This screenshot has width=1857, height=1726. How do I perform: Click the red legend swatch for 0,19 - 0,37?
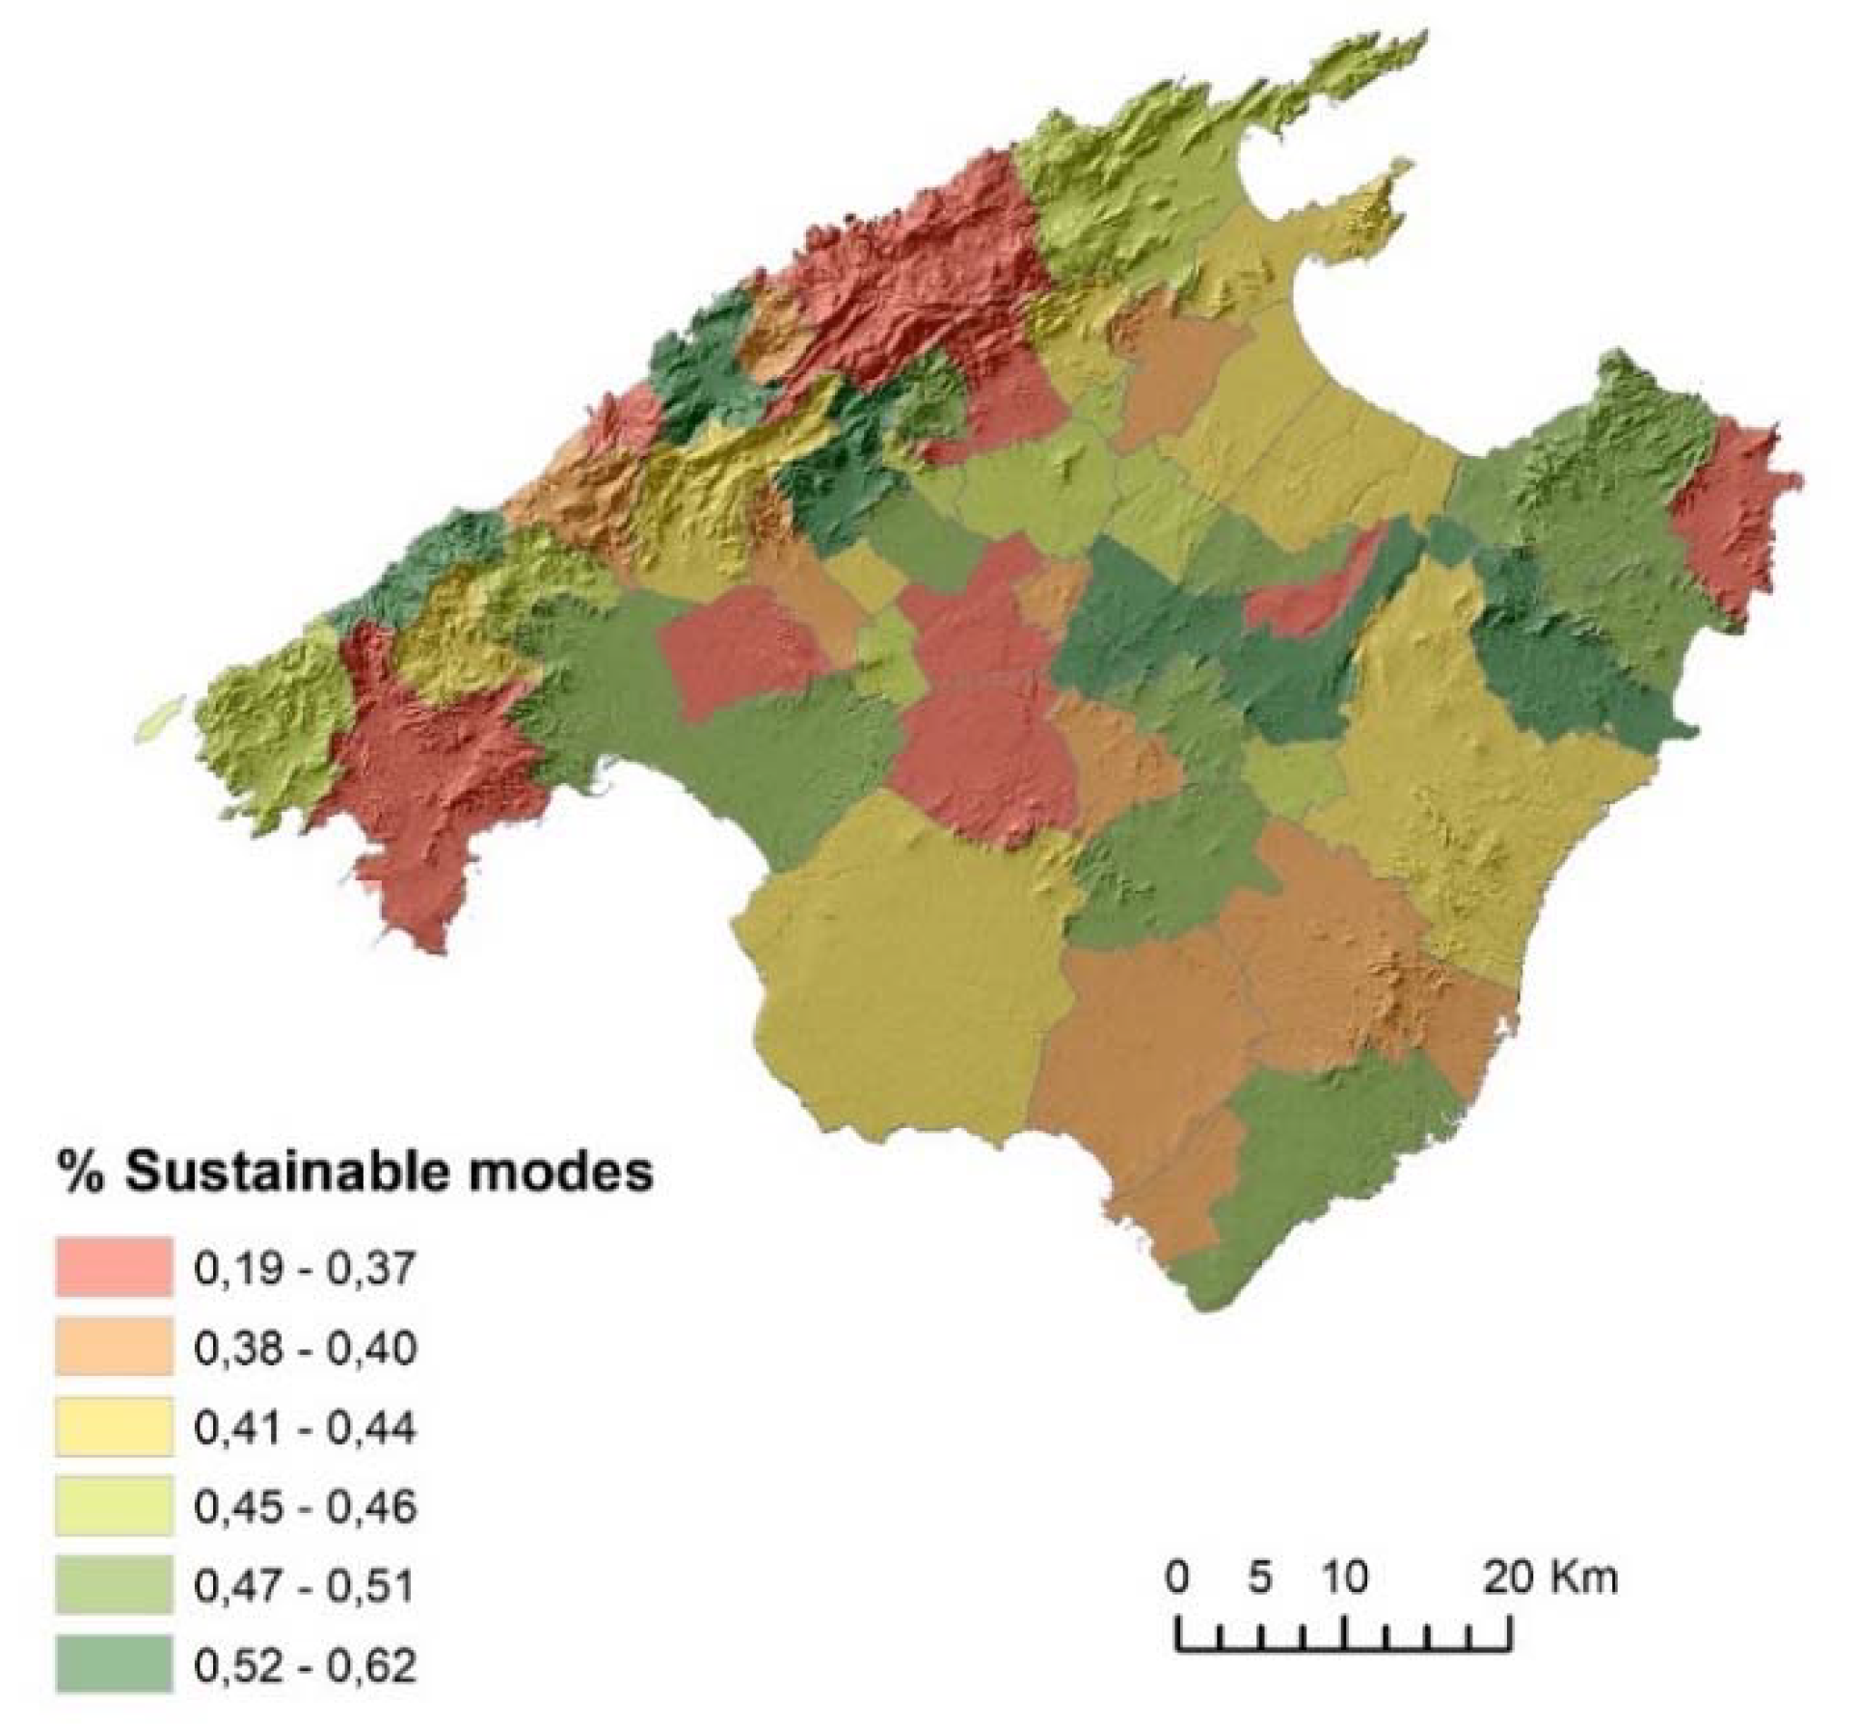point(114,1265)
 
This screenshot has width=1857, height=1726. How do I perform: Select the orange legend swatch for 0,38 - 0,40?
point(114,1346)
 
